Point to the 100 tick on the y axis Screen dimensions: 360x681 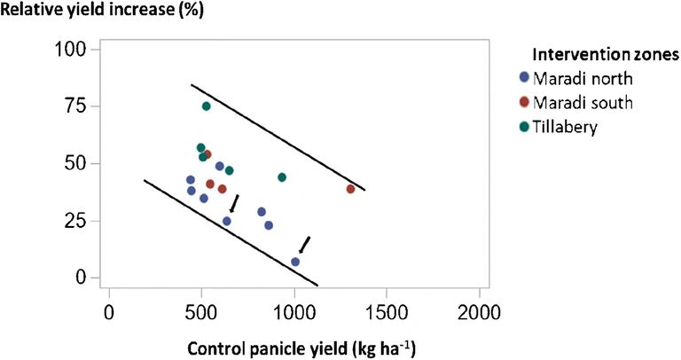73,50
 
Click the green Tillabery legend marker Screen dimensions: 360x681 524,126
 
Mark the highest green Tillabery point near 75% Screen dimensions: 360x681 207,106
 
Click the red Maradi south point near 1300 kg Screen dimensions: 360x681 350,189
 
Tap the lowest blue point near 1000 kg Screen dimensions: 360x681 295,262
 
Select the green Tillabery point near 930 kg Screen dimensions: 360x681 282,177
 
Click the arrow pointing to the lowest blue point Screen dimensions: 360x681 305,244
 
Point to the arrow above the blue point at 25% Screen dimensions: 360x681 234,203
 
